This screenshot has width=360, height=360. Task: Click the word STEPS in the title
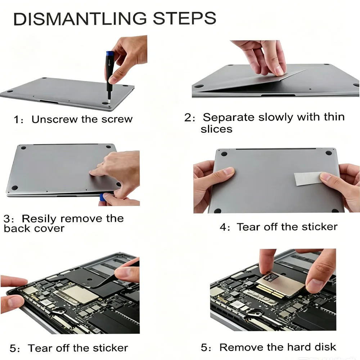pos(185,18)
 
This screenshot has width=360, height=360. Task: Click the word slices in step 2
pos(216,129)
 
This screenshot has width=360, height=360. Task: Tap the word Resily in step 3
pos(39,219)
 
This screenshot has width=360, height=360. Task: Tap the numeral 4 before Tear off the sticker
pos(223,227)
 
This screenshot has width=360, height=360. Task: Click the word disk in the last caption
pos(325,347)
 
